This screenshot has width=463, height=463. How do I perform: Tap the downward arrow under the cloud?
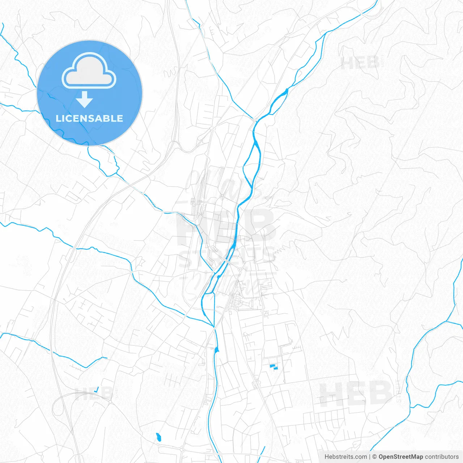[85, 99]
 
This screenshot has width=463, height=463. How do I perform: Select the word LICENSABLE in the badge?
[89, 118]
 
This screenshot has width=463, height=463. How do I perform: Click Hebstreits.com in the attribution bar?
[345, 457]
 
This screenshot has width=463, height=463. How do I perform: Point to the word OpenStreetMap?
[400, 457]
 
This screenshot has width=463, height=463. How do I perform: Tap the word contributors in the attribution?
[442, 457]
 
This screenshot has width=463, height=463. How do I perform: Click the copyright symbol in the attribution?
[374, 457]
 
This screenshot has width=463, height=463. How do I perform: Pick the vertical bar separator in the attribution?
[370, 457]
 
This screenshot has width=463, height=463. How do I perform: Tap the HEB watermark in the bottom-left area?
[94, 393]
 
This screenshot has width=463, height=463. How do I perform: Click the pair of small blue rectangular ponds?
[274, 367]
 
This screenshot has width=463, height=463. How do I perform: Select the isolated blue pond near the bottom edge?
[158, 437]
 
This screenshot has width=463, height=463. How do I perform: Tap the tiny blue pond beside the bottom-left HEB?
[96, 390]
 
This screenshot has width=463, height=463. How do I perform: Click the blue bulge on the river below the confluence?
[217, 349]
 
